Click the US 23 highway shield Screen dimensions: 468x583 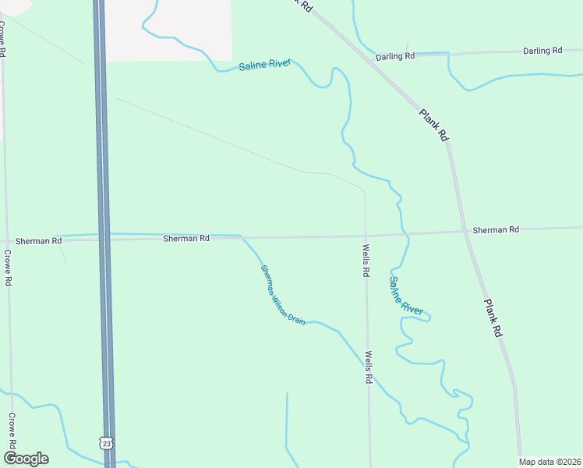coord(107,443)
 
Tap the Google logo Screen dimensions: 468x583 coord(26,459)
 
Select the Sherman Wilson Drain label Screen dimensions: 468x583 coord(282,295)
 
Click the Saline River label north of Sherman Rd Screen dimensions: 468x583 coord(265,64)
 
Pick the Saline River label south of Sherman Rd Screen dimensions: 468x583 coord(405,296)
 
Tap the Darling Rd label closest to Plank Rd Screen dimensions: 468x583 coord(395,57)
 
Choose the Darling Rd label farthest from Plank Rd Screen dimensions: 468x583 coord(542,51)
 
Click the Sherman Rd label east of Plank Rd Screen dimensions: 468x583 coord(495,230)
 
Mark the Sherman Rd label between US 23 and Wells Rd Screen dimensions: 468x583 coord(186,238)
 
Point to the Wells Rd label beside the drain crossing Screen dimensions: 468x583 coord(367,367)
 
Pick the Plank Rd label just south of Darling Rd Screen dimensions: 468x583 coord(434,124)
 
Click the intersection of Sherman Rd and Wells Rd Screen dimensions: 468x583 coord(365,235)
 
